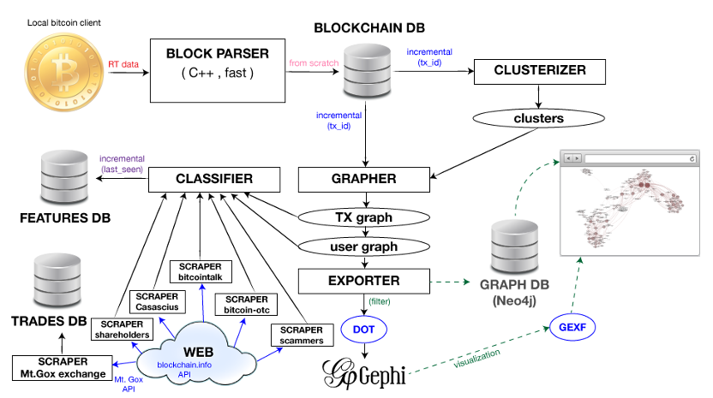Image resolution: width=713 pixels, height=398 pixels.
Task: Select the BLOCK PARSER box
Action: point(219,68)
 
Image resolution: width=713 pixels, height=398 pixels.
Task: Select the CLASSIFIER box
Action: point(214,179)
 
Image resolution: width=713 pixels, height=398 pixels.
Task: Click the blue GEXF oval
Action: point(567,328)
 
